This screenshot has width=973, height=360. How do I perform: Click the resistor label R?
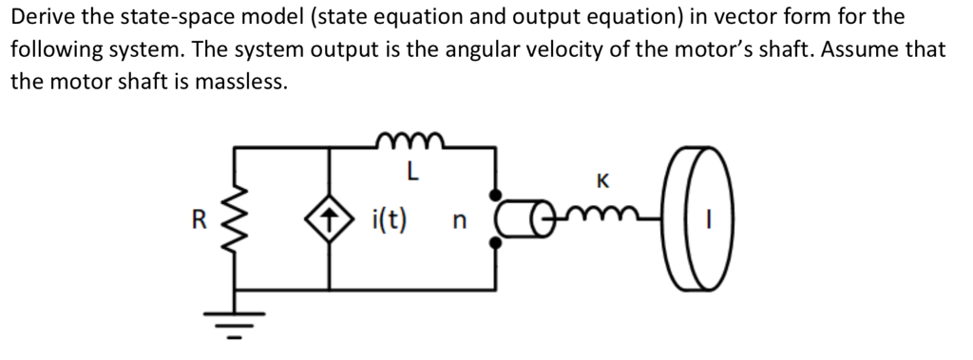(198, 220)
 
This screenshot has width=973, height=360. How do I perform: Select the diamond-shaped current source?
(330, 221)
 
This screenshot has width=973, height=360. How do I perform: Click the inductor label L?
(410, 172)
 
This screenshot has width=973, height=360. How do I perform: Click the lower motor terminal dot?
(495, 244)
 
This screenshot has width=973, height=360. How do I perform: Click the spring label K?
(601, 180)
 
